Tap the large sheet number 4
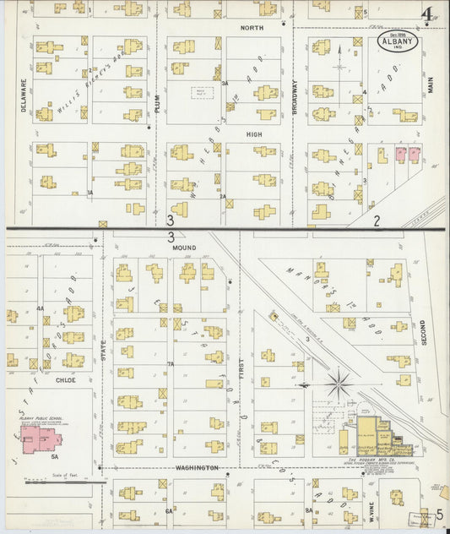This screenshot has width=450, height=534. pos(430,15)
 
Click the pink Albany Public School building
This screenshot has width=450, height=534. pos(39,439)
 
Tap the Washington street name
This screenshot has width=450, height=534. pos(198,467)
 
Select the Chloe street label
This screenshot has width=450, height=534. pos(66,380)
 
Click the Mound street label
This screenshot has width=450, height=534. pos(184,248)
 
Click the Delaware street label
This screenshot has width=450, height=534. pos(24,97)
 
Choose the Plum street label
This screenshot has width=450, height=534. pos(157,103)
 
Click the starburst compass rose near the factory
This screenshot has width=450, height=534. pos(339,385)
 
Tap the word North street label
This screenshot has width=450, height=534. pos(252,28)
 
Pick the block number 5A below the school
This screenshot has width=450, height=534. pos(54,456)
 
